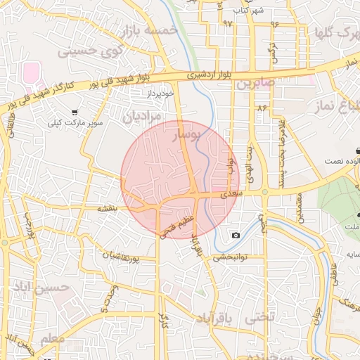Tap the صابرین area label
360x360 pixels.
pyautogui.click(x=253, y=84)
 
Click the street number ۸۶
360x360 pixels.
pyautogui.click(x=262, y=109)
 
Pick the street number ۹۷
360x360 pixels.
pyautogui.click(x=227, y=22)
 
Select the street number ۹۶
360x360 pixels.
pyautogui.click(x=273, y=23)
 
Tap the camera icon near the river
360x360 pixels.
pyautogui.click(x=235, y=235)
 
